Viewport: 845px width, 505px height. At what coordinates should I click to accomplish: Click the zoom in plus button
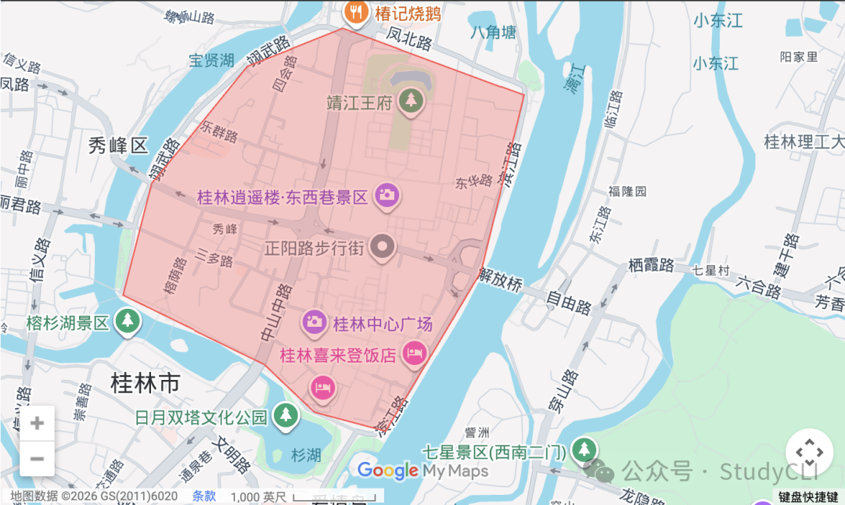click(37, 424)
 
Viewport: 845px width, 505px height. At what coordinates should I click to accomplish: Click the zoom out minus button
click(37, 459)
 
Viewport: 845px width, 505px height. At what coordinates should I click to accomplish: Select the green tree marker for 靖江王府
click(409, 100)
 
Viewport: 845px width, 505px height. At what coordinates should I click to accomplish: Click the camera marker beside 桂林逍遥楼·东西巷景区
click(385, 195)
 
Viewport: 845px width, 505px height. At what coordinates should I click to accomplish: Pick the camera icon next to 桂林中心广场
click(315, 321)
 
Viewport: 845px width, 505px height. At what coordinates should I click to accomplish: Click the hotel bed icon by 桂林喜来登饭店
click(414, 353)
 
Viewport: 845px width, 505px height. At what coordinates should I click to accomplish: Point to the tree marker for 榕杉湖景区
click(128, 320)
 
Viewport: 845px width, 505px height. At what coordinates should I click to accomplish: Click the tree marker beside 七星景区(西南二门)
click(583, 449)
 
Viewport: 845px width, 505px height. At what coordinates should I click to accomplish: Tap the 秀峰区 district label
click(117, 145)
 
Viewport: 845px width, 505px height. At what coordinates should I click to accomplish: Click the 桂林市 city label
click(146, 383)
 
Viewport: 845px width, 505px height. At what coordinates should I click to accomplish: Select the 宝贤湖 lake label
click(211, 60)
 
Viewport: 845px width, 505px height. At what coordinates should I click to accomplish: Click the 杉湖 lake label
click(306, 455)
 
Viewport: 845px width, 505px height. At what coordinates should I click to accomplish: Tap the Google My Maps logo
click(422, 471)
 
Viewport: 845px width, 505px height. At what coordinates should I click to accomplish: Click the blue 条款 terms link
click(204, 496)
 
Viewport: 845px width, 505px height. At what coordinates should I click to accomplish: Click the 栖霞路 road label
click(651, 266)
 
